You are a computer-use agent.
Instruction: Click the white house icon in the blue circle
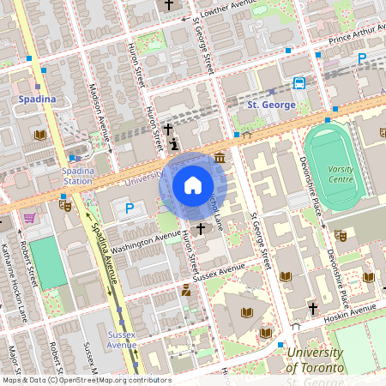193,185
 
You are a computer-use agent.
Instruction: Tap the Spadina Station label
77,176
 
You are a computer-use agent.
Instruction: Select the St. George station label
271,105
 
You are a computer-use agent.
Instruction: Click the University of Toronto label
316,360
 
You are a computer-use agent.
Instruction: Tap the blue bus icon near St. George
299,83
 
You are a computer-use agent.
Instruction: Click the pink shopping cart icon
30,218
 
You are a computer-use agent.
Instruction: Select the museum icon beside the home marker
220,158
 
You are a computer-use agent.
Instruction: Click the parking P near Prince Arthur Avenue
362,58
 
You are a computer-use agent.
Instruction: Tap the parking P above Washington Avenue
130,208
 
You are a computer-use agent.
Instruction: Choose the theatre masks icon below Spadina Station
64,205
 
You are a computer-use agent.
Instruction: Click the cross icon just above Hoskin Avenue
313,307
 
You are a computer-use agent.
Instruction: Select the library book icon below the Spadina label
39,135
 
